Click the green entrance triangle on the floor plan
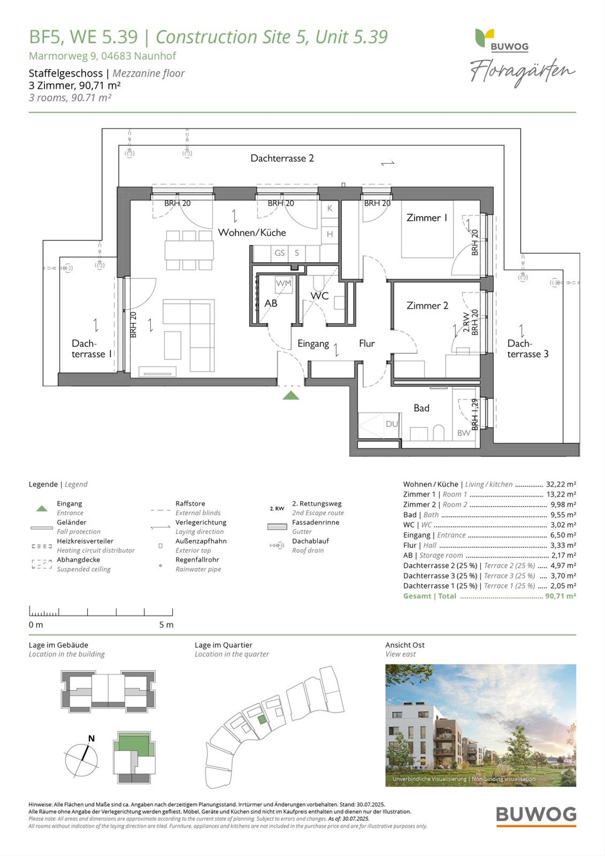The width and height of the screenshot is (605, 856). (291, 396)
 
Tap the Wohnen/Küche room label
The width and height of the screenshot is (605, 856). (252, 232)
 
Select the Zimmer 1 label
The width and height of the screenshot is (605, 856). (427, 217)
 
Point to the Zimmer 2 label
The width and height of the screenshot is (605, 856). (428, 305)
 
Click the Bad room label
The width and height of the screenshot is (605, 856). (421, 408)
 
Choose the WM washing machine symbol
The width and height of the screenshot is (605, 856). (283, 283)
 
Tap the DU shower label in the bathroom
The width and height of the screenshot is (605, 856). (392, 423)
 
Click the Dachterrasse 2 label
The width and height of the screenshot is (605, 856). (282, 158)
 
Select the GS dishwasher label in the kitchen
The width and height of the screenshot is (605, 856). (279, 253)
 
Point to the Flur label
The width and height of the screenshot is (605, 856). (367, 343)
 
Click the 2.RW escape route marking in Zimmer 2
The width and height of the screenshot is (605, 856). (465, 322)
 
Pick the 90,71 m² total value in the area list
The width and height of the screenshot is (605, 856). (561, 596)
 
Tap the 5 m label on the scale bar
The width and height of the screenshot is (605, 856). (166, 625)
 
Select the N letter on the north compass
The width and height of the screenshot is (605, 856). (91, 739)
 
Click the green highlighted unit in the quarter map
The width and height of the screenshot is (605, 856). (262, 719)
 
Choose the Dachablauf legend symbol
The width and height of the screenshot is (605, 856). (277, 545)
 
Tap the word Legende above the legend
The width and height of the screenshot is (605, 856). (43, 484)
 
